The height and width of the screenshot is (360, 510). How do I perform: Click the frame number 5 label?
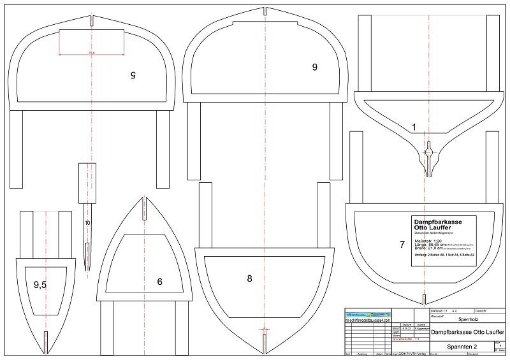tap(133, 75)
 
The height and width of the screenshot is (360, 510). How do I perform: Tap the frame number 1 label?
tap(414, 127)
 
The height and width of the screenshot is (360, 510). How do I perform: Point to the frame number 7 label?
tap(402, 244)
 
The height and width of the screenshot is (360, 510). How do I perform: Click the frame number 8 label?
tap(250, 278)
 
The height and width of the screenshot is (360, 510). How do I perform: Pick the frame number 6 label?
tap(159, 281)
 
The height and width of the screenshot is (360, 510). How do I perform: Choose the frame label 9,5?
tap(40, 285)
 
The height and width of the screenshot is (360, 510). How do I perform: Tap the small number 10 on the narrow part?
tap(87, 222)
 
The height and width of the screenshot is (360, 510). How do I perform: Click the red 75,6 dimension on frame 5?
tap(91, 54)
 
